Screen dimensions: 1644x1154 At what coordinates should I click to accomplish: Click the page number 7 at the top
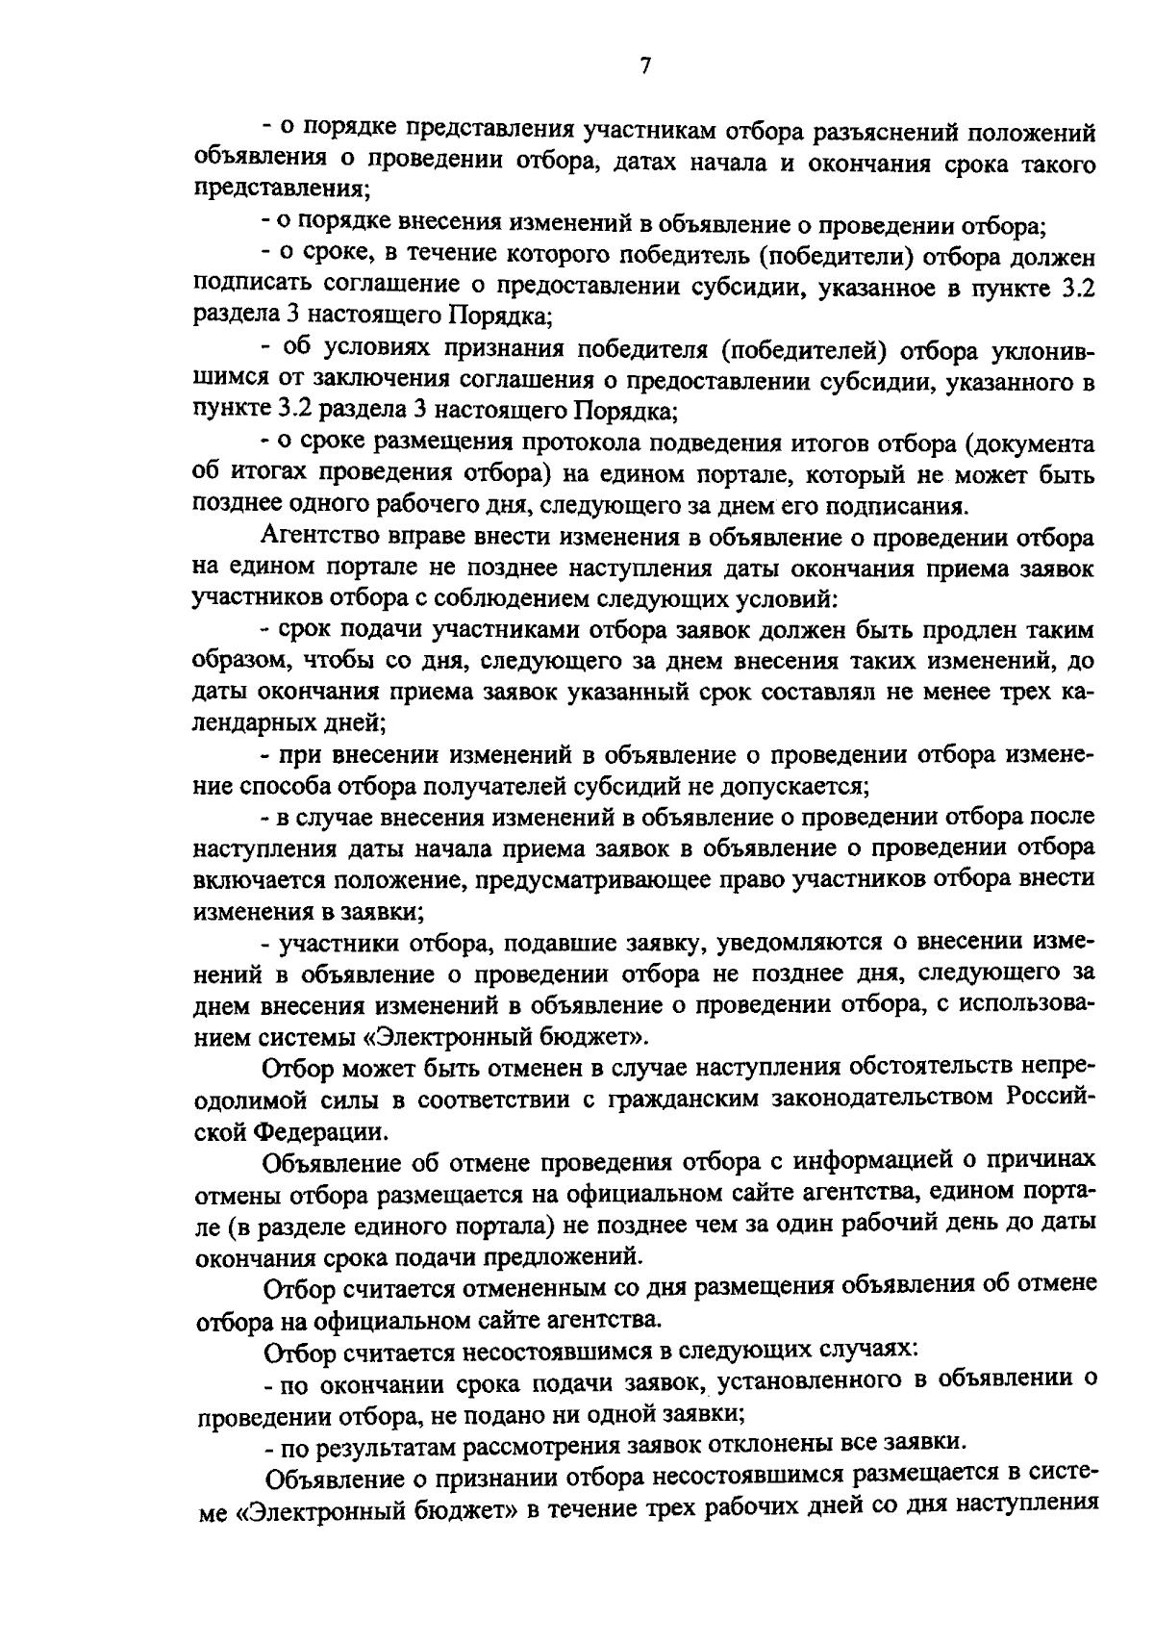point(644,66)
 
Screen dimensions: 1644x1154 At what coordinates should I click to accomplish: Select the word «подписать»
point(247,287)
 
